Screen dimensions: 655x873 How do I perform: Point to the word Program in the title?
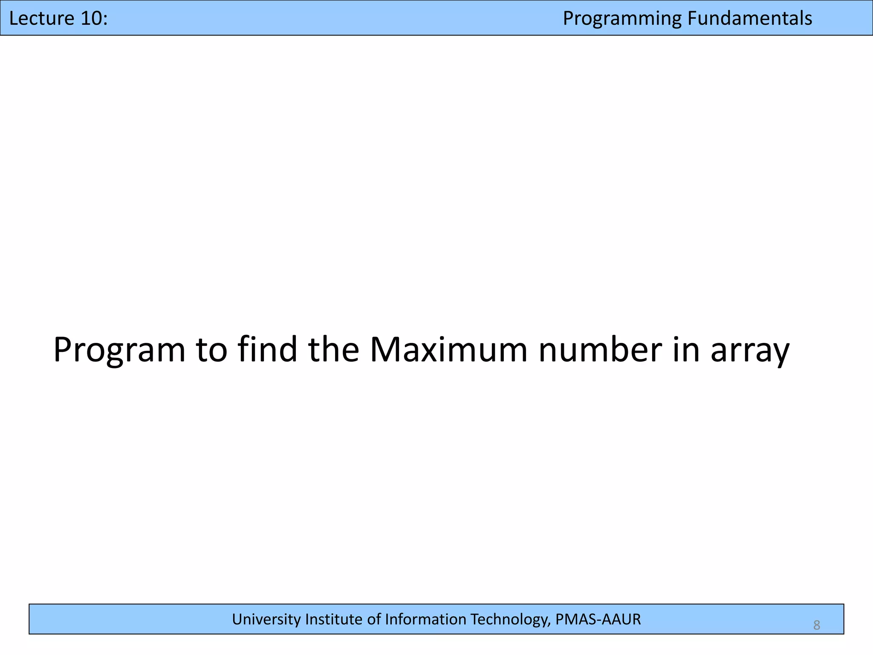[119, 351]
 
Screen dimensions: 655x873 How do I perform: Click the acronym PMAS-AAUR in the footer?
[598, 619]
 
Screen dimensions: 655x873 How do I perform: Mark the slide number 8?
[816, 625]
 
